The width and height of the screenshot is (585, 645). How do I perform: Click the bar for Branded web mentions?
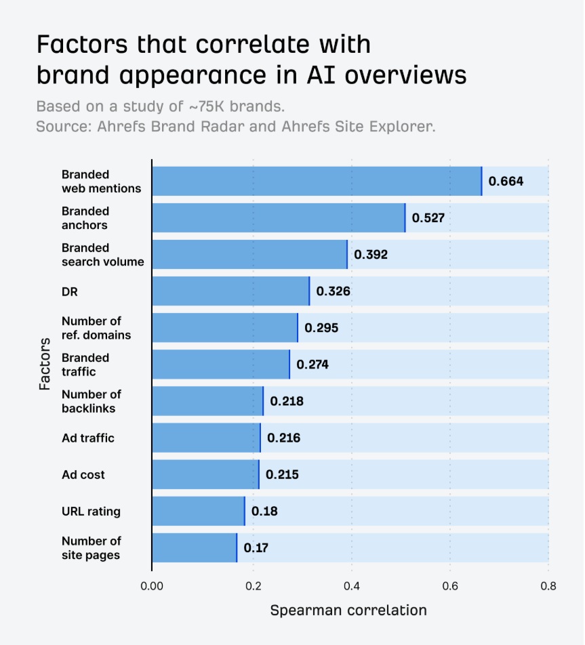[x=316, y=181]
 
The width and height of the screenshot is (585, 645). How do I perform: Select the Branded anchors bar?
[x=278, y=217]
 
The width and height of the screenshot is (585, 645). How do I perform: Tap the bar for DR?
[x=230, y=291]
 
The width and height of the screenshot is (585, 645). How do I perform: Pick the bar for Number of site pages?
[x=194, y=547]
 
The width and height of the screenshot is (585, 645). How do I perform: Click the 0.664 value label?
[x=506, y=182]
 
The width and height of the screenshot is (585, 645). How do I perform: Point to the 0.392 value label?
[x=371, y=255]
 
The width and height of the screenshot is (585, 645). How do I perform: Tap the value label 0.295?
[x=321, y=328]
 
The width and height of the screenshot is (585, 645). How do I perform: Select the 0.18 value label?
[x=264, y=511]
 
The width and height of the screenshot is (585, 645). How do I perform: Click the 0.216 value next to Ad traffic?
[x=283, y=438]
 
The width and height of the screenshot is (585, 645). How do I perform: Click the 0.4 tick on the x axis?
[x=351, y=585]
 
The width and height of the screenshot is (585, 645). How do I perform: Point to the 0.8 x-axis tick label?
[x=548, y=585]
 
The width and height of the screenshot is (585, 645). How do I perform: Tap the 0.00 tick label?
[x=152, y=585]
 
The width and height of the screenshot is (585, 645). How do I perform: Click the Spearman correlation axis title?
[x=348, y=610]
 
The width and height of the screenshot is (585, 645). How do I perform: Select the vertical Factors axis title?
[x=45, y=364]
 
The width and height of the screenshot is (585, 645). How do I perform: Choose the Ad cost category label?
[x=83, y=475]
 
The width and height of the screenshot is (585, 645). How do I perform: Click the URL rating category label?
[x=91, y=512]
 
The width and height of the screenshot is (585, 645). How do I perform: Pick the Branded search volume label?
[x=102, y=255]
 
